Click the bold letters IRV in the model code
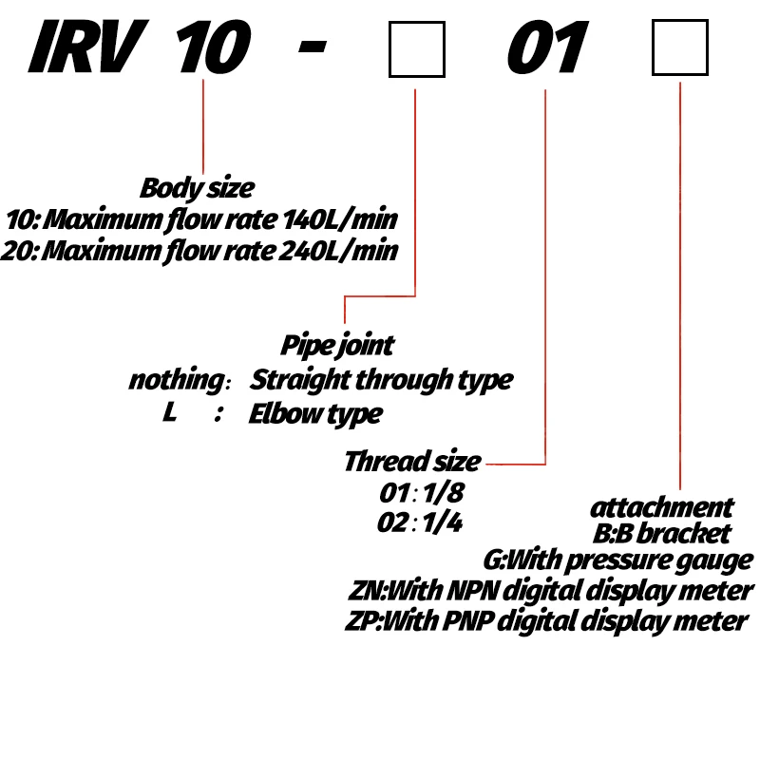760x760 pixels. coord(88,47)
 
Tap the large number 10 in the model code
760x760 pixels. coord(213,47)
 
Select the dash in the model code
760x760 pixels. coord(313,47)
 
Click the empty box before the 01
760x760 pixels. coord(417,49)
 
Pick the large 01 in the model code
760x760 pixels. coord(548,47)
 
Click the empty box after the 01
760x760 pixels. coord(680,47)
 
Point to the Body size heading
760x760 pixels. coord(197,188)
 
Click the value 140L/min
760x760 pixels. coord(340,219)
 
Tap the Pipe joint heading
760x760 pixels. coord(337,346)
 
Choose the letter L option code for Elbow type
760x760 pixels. coord(169,412)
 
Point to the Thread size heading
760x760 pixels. coord(412,461)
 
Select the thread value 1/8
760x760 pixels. coord(443,493)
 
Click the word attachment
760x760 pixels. coord(661,508)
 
